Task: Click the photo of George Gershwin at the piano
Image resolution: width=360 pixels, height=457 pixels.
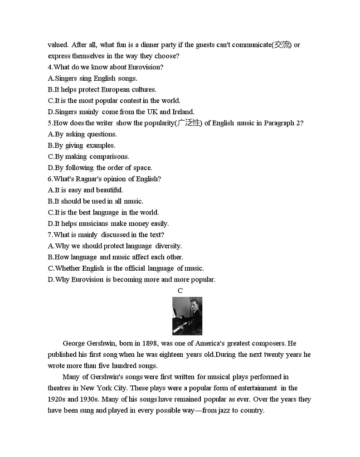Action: pos(187,316)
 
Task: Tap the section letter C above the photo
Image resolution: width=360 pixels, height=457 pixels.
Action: pos(180,291)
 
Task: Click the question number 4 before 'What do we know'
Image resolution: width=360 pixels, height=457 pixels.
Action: pos(50,67)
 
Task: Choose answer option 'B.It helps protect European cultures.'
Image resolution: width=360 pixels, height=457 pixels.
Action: pos(102,89)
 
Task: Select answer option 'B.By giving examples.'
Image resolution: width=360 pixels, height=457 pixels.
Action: pos(82,146)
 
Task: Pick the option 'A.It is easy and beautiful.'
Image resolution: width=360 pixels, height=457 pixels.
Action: pos(85,190)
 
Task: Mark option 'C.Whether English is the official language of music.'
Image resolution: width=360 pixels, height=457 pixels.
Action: pos(126,268)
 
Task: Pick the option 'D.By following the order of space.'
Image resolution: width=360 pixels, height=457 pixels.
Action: pos(100,168)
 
